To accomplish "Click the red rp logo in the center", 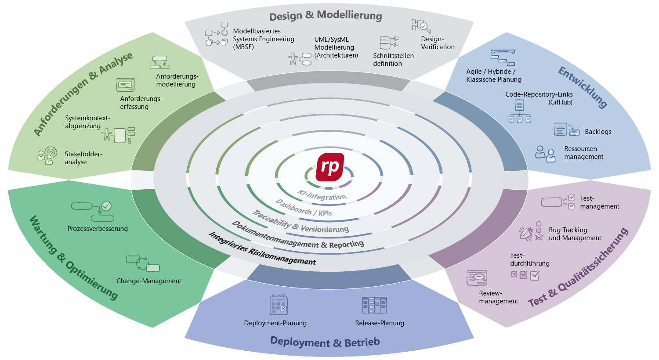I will pos(330,167).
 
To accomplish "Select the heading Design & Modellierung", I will pos(326,16).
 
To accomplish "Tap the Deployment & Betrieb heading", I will pos(325,342).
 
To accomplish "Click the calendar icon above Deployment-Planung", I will pos(279,305).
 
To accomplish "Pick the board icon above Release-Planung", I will pos(374,306).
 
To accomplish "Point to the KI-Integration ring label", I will pos(322,195).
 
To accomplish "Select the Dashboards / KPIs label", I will pos(304,208).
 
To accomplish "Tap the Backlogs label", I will pos(598,132).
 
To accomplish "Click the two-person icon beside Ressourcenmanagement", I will pos(545,154).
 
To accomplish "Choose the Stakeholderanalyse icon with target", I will pos(47,155).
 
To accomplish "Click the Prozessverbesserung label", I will pos(98,229).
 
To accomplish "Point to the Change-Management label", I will pos(148,281).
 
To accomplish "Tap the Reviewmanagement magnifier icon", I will pos(477,278).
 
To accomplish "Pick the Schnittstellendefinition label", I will pos(394,60).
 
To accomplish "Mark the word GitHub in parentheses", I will pos(560,102).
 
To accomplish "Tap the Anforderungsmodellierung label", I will pos(177,80).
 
